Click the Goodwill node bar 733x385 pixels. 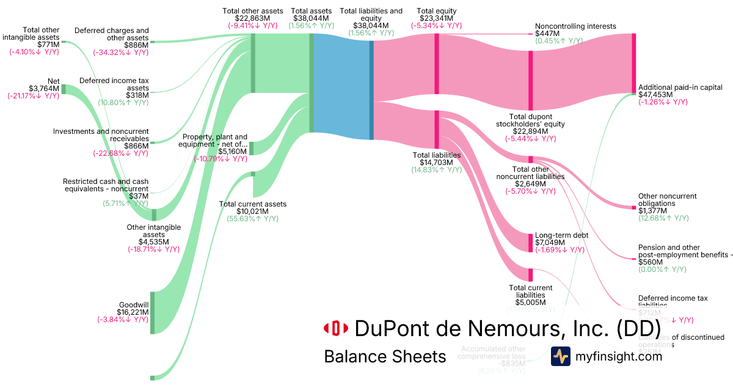click(152, 313)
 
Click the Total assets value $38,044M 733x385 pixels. click(311, 18)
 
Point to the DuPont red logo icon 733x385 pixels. click(335, 328)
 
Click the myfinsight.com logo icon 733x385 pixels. click(560, 356)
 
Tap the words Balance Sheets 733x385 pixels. click(385, 356)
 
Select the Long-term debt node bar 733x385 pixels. click(530, 243)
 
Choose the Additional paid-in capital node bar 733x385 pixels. click(633, 63)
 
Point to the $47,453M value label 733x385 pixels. click(655, 95)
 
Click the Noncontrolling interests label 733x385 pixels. click(575, 26)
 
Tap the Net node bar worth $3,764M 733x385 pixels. click(64, 89)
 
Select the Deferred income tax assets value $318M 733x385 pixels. click(137, 95)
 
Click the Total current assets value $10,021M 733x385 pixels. click(253, 211)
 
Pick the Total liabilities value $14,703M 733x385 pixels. click(436, 163)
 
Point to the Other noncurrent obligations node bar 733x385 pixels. click(633, 208)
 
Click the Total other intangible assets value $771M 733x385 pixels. click(48, 44)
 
